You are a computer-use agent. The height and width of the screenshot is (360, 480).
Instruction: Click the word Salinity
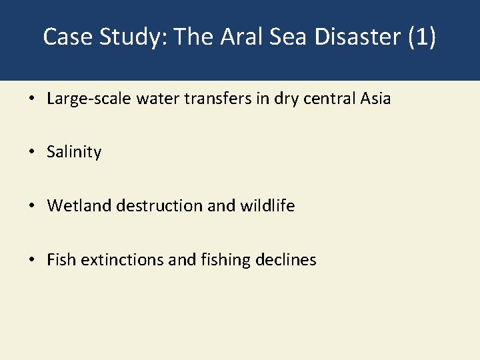[74, 152]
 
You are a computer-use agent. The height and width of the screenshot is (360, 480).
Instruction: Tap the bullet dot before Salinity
[31, 152]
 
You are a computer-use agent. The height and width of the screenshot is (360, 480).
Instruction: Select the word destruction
[159, 206]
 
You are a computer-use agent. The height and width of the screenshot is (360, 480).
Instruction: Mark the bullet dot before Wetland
[31, 206]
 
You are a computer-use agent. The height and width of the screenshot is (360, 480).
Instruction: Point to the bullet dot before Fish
[31, 260]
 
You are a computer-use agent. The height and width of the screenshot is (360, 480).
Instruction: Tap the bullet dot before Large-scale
[31, 99]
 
